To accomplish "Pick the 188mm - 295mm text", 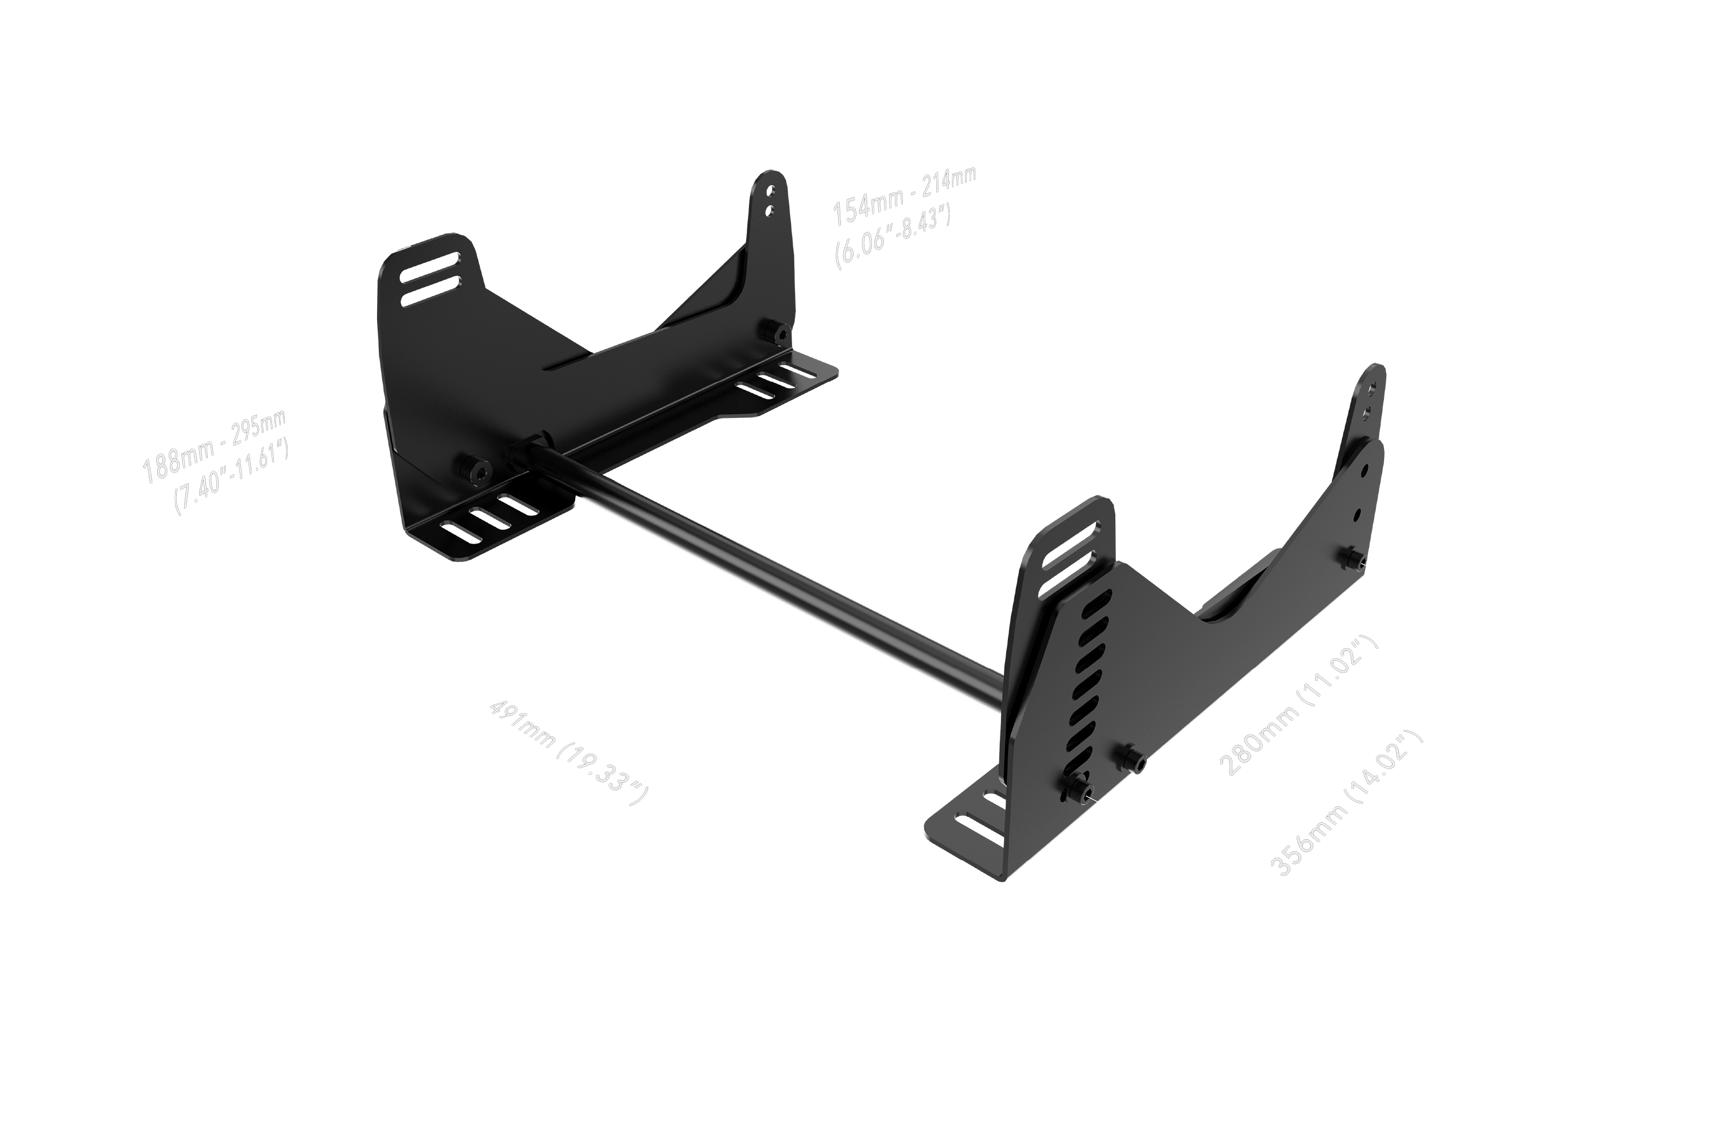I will click(x=213, y=447).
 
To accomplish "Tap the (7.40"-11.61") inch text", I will click(x=231, y=479).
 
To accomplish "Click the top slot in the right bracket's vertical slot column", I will click(x=1097, y=603).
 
